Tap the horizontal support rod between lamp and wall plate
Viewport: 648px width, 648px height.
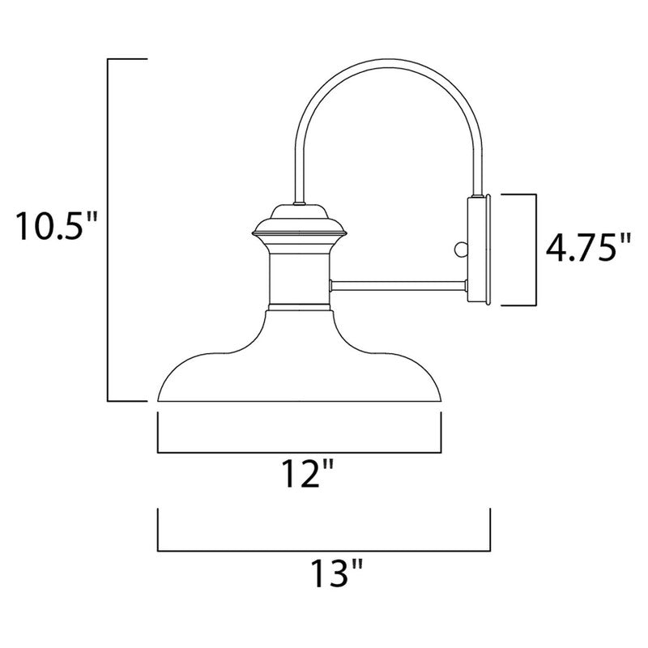coord(397,284)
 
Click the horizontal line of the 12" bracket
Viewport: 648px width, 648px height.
coord(299,452)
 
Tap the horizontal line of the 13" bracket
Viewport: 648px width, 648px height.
coord(324,549)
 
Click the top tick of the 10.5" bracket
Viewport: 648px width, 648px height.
coord(128,59)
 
